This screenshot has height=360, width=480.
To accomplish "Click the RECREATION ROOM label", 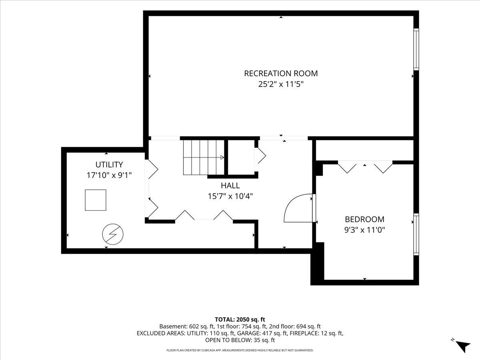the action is [x=281, y=74].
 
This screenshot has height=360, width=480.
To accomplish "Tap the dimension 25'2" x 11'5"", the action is [x=281, y=84].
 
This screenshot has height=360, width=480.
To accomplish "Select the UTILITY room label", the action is [x=109, y=164].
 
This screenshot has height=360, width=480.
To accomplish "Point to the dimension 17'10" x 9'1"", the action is [x=109, y=175].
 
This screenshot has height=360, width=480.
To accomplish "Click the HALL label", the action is [x=230, y=186].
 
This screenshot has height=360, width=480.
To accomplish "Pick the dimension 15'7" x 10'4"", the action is [x=230, y=196].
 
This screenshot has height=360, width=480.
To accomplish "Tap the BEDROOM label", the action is [x=364, y=219].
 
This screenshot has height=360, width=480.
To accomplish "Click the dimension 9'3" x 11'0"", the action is [x=364, y=230].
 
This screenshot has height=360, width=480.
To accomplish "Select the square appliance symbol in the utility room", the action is [x=96, y=200].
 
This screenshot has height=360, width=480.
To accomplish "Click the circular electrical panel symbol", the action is [x=113, y=234].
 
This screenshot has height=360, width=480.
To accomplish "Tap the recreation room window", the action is [x=416, y=49].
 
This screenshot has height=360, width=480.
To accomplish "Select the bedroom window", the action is [x=416, y=234].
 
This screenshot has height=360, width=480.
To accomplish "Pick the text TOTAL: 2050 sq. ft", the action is [x=240, y=320].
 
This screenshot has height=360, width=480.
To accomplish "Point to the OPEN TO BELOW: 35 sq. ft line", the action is [x=240, y=340].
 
